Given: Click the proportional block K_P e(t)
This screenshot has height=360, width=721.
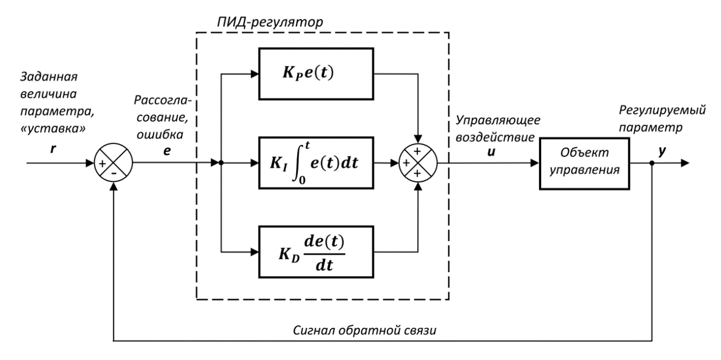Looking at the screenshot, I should [x=315, y=72].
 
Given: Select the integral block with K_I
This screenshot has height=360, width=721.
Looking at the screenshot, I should [x=315, y=163].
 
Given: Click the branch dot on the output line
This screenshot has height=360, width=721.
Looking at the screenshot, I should [x=652, y=163].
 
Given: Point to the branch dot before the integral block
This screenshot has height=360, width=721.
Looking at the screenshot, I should [x=221, y=163].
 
